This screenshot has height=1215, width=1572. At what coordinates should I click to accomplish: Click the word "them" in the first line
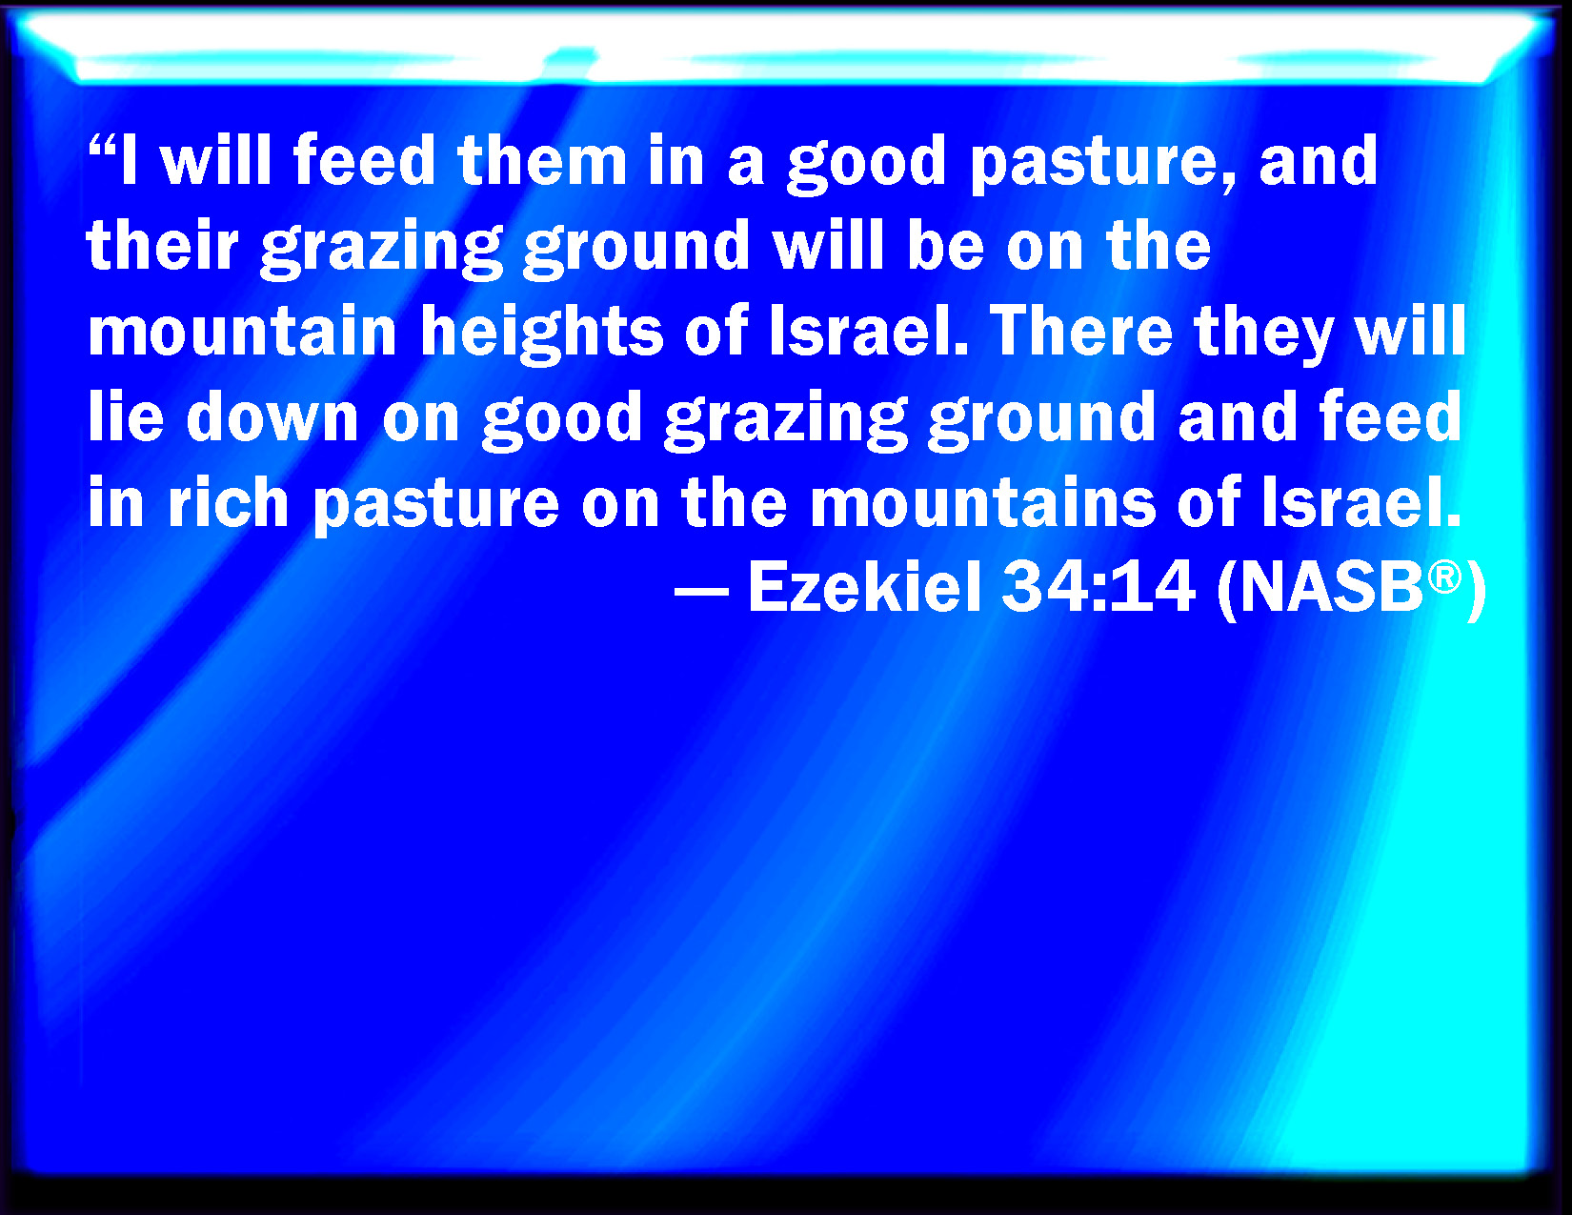(x=542, y=160)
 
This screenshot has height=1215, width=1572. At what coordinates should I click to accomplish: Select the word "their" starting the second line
(x=163, y=245)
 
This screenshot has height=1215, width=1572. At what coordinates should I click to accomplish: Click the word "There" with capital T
(x=1080, y=331)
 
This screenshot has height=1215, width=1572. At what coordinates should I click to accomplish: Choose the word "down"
(x=272, y=416)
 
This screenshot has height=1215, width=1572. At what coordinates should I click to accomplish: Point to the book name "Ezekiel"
(x=864, y=588)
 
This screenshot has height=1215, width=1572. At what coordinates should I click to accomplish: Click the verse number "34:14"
(x=1098, y=588)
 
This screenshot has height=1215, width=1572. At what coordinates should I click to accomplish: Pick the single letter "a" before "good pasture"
(x=745, y=167)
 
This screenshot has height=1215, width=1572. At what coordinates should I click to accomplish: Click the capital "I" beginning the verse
(x=129, y=160)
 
